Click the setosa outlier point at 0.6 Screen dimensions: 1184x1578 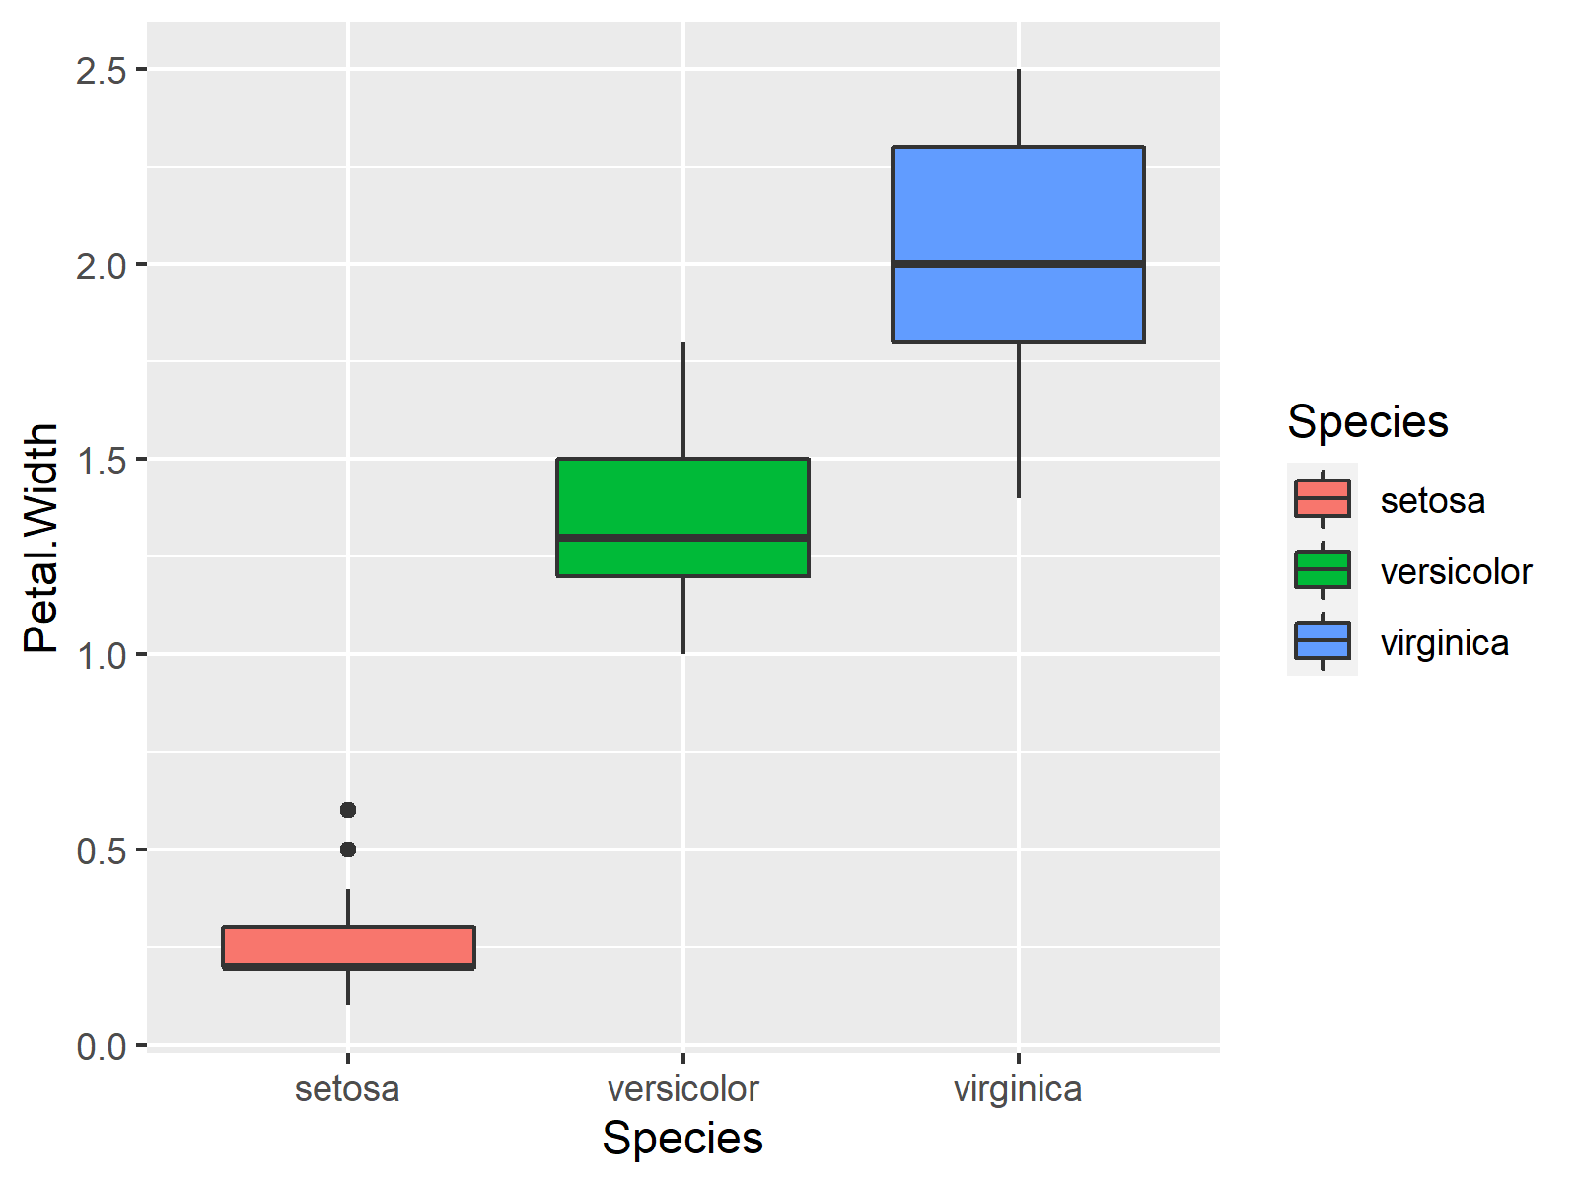point(348,810)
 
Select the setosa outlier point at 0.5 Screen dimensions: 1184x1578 point(348,850)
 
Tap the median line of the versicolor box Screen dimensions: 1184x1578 point(682,538)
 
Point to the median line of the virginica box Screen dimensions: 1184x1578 point(1018,264)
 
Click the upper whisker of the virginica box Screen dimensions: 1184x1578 point(1018,109)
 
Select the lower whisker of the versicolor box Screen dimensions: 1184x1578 point(682,616)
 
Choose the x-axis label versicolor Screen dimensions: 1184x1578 point(682,1089)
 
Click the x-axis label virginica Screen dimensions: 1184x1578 point(1018,1089)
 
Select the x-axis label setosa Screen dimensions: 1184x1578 point(347,1089)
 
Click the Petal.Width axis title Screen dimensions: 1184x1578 point(41,538)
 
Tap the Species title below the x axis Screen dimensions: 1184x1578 point(682,1139)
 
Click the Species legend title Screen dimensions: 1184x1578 point(1367,422)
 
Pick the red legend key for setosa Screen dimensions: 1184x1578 point(1322,499)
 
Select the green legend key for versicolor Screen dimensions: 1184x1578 point(1322,570)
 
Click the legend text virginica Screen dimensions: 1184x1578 point(1444,643)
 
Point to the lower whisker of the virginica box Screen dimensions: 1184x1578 point(1018,420)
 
